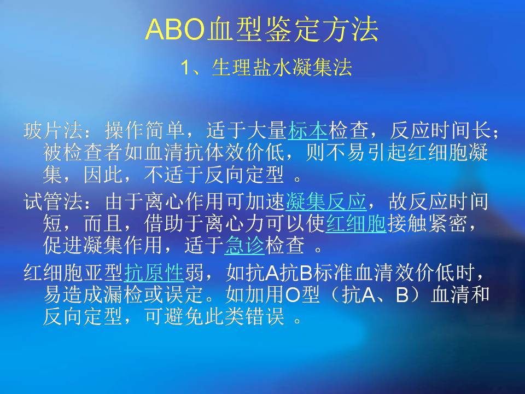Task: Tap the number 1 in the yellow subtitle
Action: pyautogui.click(x=186, y=68)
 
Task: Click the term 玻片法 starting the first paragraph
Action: pyautogui.click(x=54, y=130)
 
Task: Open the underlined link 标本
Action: pyautogui.click(x=308, y=130)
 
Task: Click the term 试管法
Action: pyautogui.click(x=54, y=202)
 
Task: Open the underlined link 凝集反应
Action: pyautogui.click(x=326, y=202)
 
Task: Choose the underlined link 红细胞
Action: pyautogui.click(x=356, y=223)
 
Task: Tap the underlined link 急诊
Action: pyautogui.click(x=244, y=245)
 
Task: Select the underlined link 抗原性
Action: pyautogui.click(x=154, y=273)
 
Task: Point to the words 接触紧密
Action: pyautogui.click(x=427, y=223)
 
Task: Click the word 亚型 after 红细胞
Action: pyautogui.click(x=104, y=273)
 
